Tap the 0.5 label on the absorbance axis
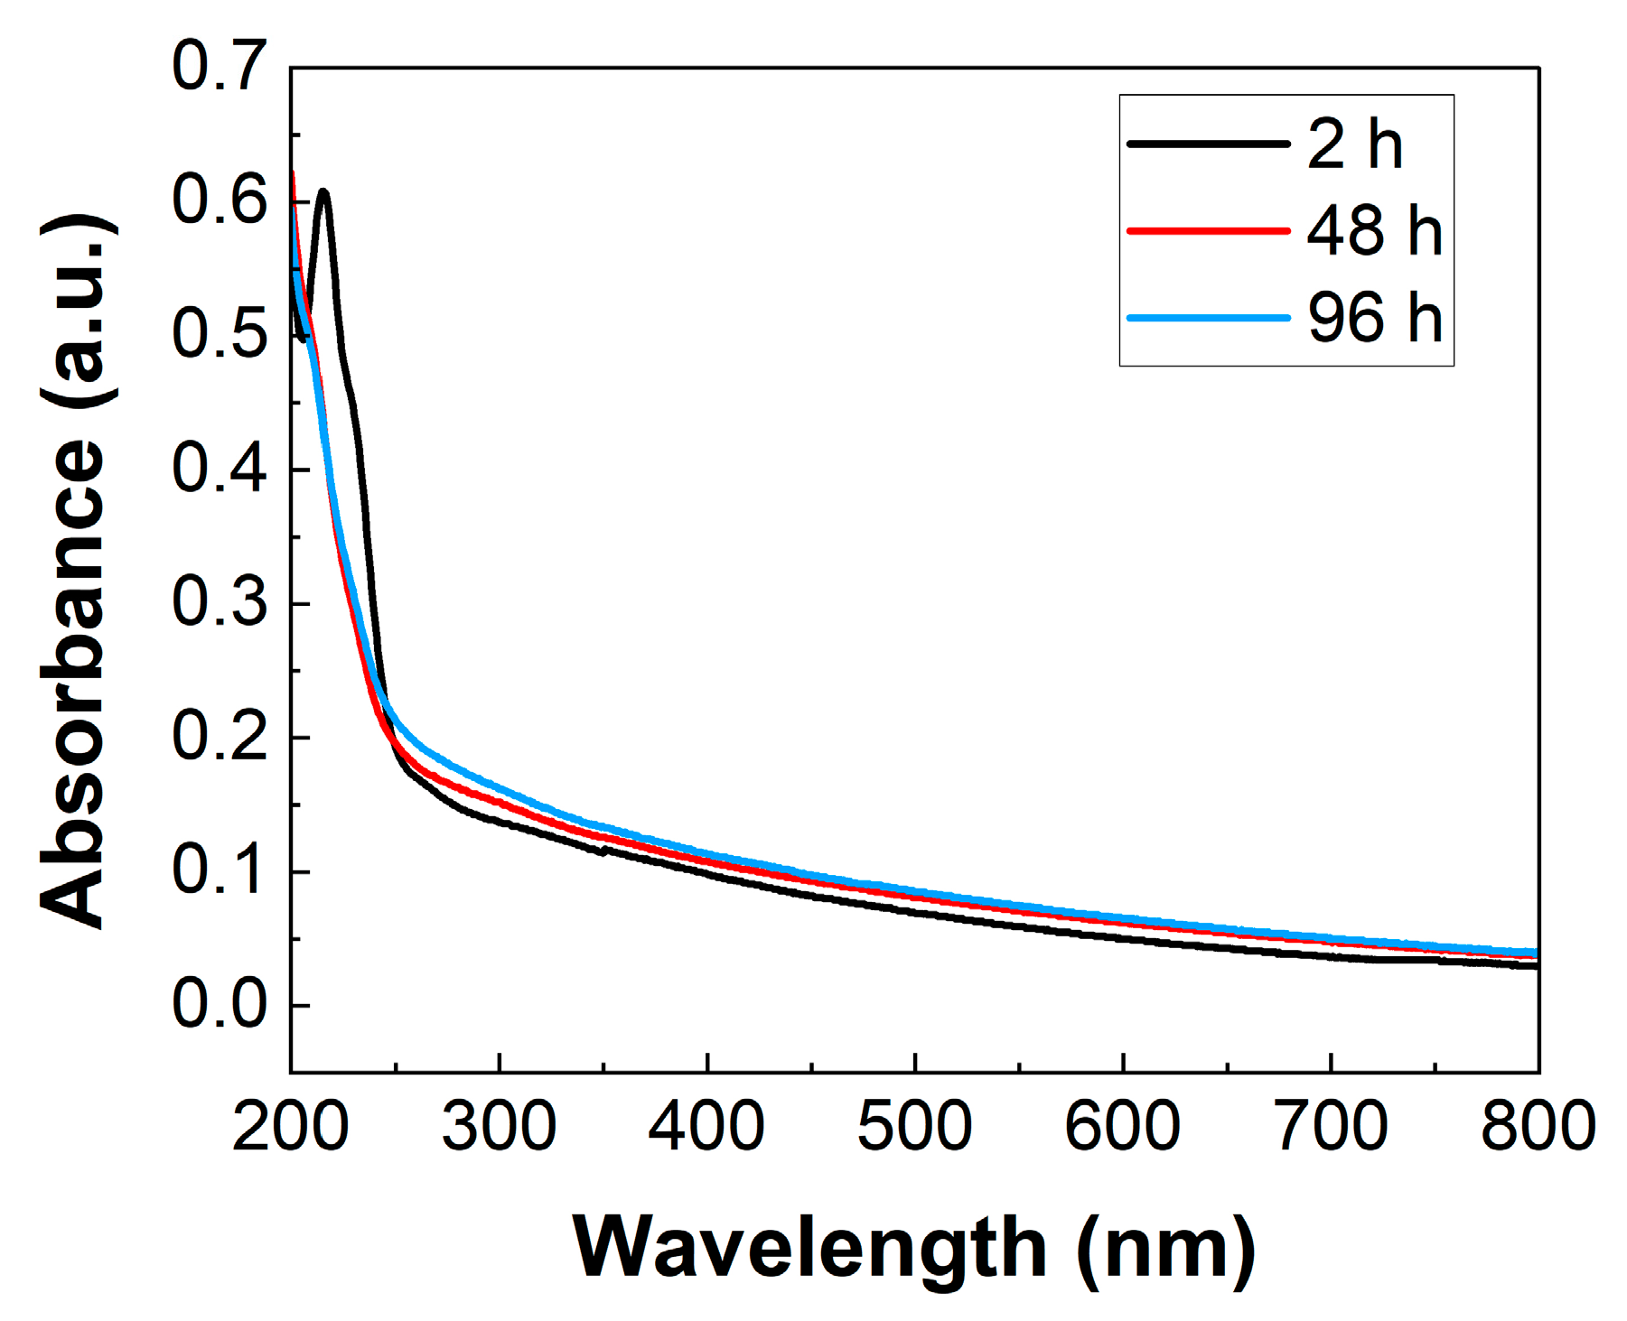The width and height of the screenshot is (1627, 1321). pyautogui.click(x=220, y=335)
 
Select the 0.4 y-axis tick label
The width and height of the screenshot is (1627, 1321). pyautogui.click(x=220, y=469)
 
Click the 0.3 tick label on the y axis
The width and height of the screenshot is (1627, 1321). pyautogui.click(x=220, y=602)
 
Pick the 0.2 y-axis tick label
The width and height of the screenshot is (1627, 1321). pyautogui.click(x=220, y=737)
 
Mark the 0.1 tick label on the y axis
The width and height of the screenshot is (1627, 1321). pyautogui.click(x=220, y=870)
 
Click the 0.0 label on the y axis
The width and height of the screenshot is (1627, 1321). pyautogui.click(x=220, y=1004)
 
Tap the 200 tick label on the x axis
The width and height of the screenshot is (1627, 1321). pyautogui.click(x=290, y=1127)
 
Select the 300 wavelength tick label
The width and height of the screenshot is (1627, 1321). pyautogui.click(x=499, y=1127)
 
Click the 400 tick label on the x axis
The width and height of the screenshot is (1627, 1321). pyautogui.click(x=706, y=1127)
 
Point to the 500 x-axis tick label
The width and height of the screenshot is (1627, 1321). pyautogui.click(x=914, y=1127)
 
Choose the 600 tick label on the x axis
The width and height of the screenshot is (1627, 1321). pyautogui.click(x=1122, y=1127)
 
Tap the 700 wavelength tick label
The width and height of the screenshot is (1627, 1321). pyautogui.click(x=1331, y=1127)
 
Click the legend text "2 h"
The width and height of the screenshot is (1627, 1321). pyautogui.click(x=1354, y=144)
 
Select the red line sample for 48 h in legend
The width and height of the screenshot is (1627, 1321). pyautogui.click(x=1208, y=231)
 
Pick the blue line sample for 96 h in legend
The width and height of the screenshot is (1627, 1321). pyautogui.click(x=1208, y=318)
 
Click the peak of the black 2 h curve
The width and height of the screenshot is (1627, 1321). pyautogui.click(x=323, y=191)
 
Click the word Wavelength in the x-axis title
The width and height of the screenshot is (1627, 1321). pyautogui.click(x=809, y=1248)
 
